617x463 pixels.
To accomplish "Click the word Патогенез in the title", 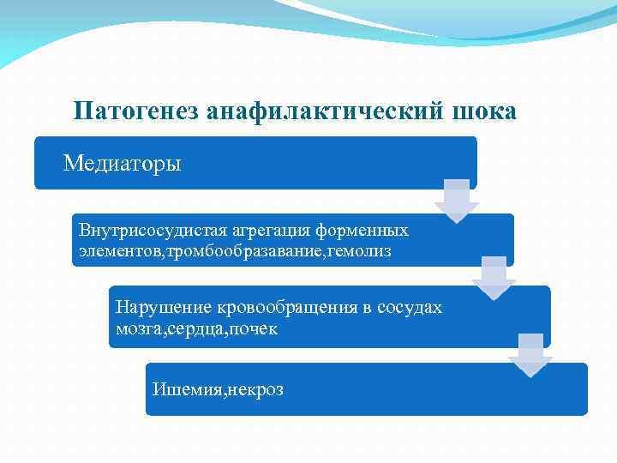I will pyautogui.click(x=136, y=111).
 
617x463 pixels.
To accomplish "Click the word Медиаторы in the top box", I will pyautogui.click(x=123, y=162).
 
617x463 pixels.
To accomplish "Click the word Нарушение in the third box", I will pyautogui.click(x=157, y=307).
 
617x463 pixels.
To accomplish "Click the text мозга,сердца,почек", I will pyautogui.click(x=196, y=328).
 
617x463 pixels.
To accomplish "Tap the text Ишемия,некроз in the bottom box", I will pyautogui.click(x=218, y=390).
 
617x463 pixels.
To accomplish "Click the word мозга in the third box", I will pyautogui.click(x=136, y=328).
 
